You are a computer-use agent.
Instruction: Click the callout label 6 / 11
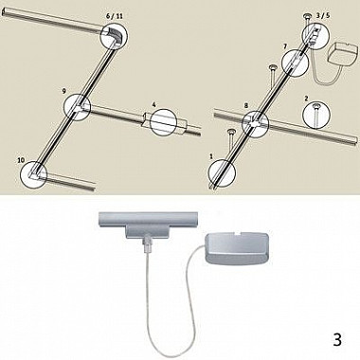[x=114, y=16]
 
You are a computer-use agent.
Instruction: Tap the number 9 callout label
[x=64, y=91]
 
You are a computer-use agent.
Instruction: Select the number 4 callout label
[x=153, y=104]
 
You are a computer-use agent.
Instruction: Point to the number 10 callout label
[x=21, y=160]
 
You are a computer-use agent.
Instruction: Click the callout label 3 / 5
[x=323, y=16]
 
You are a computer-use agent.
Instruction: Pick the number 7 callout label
[x=285, y=46]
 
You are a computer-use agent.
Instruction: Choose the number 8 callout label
[x=246, y=106]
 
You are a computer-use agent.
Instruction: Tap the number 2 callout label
[x=306, y=99]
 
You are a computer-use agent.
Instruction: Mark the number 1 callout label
[x=211, y=156]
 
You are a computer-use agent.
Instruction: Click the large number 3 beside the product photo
[x=337, y=339]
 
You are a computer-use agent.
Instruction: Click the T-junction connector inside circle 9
[x=78, y=107]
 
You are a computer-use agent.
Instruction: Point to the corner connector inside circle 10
[x=34, y=173]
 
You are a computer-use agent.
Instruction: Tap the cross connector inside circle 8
[x=255, y=122]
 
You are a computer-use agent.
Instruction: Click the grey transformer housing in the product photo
[x=237, y=248]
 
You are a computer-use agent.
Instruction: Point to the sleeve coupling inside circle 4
[x=163, y=121]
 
